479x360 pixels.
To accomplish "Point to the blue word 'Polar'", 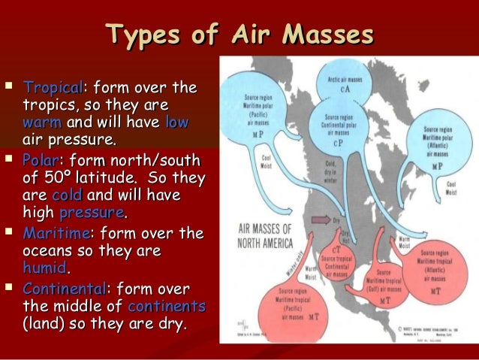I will point(41,161).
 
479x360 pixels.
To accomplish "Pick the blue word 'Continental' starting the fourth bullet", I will point(65,289).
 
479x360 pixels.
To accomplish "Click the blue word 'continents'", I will point(167,307).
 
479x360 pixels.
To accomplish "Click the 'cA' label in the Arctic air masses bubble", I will point(345,89).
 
